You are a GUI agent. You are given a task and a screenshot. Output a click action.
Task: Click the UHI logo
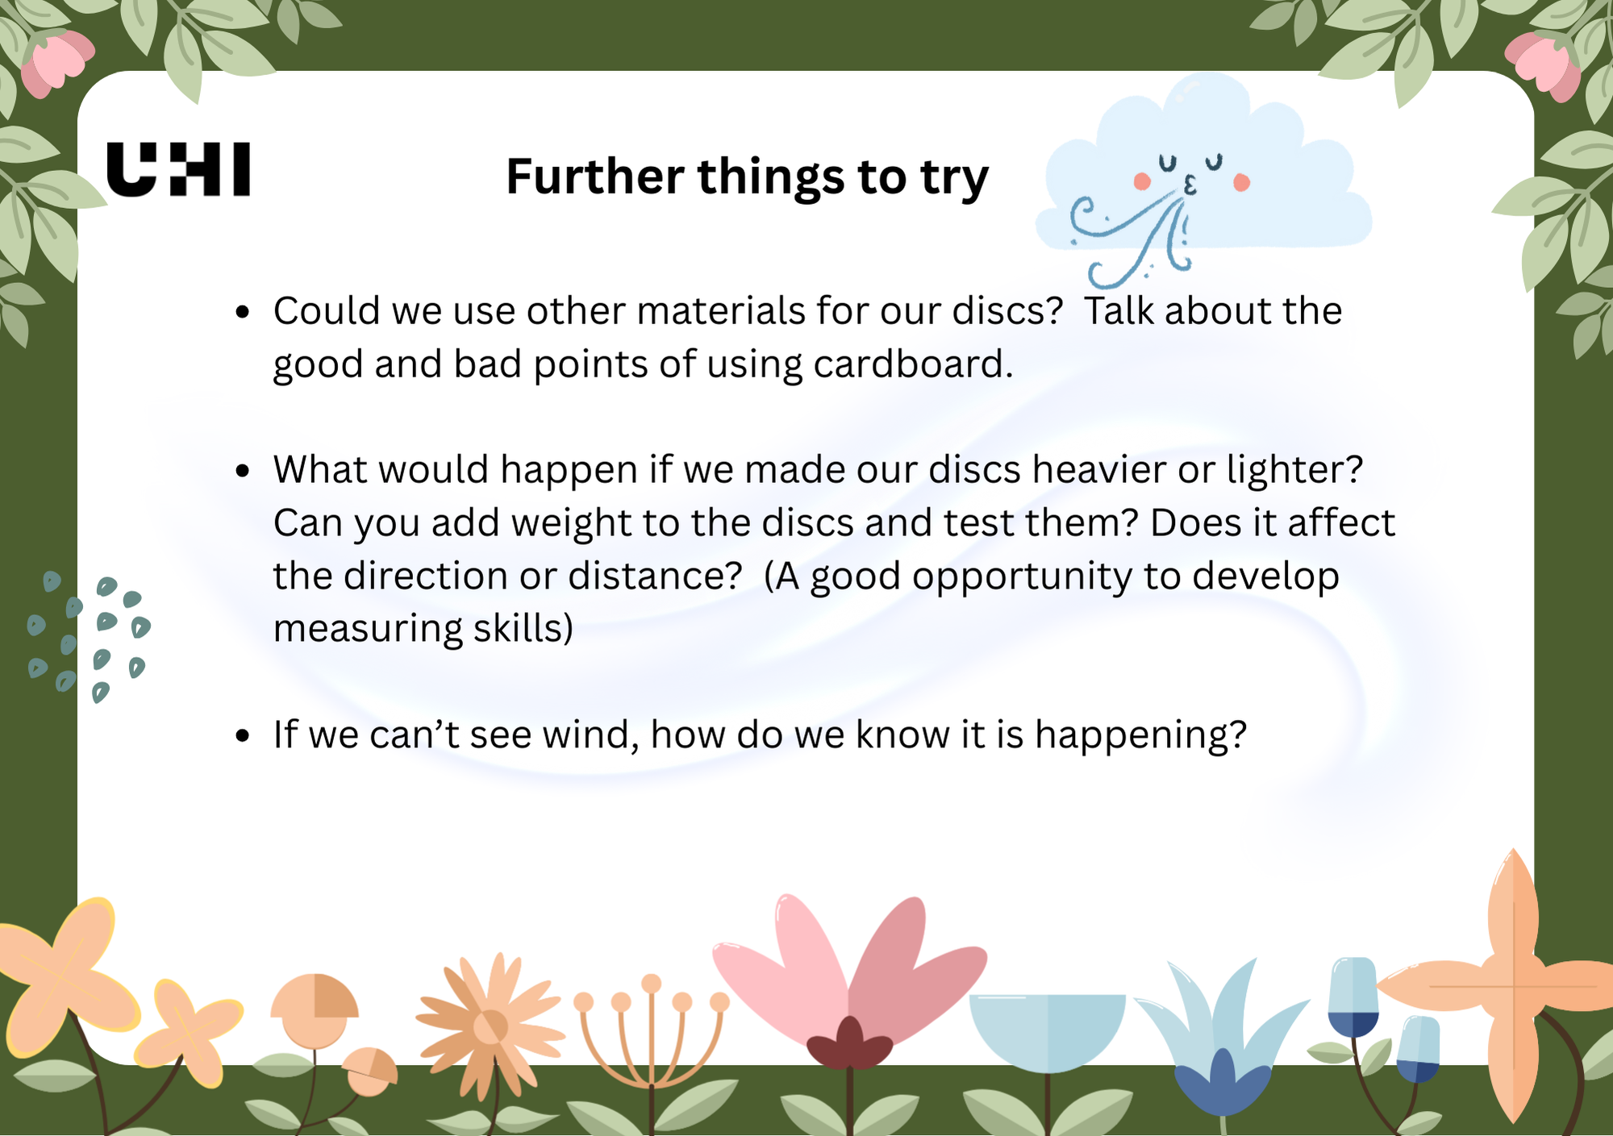[x=178, y=169]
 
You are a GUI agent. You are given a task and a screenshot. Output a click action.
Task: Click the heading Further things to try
[x=747, y=177]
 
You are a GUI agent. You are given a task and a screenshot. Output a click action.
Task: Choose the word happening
[x=1140, y=735]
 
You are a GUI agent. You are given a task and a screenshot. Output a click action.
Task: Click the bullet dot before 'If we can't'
[x=243, y=736]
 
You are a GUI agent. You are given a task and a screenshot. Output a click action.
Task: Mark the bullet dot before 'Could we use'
[x=243, y=312]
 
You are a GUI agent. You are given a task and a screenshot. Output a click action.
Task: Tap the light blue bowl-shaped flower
[x=1047, y=1032]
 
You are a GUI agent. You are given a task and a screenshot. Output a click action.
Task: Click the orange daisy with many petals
[x=490, y=1024]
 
